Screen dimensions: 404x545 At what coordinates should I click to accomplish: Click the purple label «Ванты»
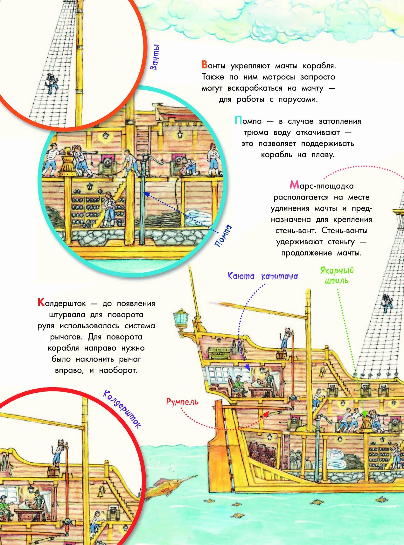pyautogui.click(x=155, y=57)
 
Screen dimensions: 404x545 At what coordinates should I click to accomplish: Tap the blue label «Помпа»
pyautogui.click(x=223, y=236)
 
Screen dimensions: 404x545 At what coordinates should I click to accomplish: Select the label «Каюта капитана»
pyautogui.click(x=262, y=276)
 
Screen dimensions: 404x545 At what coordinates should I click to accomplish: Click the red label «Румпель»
pyautogui.click(x=182, y=402)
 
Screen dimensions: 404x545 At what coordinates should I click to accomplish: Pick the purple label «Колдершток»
pyautogui.click(x=122, y=409)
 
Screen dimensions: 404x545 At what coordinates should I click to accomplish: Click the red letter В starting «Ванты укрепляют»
pyautogui.click(x=205, y=65)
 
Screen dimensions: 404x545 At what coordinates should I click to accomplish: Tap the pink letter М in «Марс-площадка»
pyautogui.click(x=294, y=185)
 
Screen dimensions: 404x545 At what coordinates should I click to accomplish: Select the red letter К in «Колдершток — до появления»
pyautogui.click(x=41, y=302)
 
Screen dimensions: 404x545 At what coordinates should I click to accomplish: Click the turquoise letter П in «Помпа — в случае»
pyautogui.click(x=238, y=120)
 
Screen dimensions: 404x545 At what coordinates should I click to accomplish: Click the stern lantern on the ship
pyautogui.click(x=180, y=319)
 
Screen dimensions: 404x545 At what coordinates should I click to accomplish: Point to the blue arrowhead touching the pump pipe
pyautogui.click(x=146, y=193)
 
